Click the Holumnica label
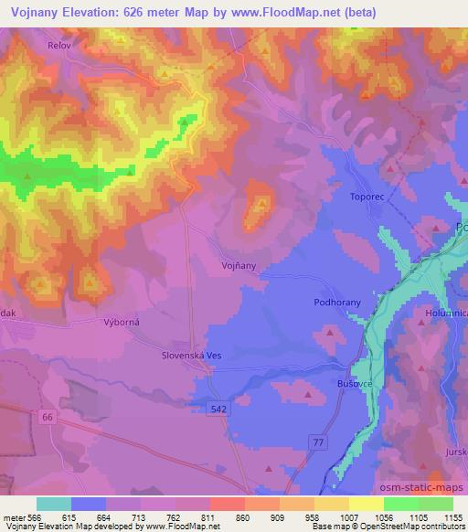tap(446, 313)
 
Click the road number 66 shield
tap(48, 416)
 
